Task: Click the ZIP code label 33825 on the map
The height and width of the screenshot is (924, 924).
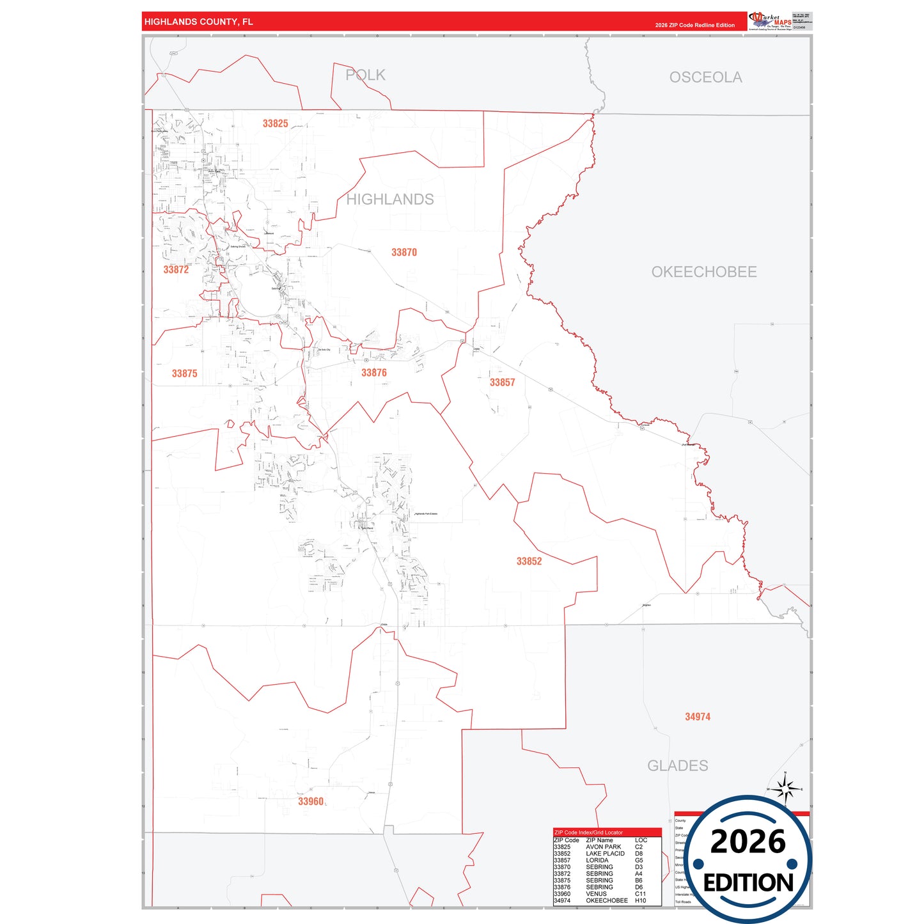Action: pos(275,123)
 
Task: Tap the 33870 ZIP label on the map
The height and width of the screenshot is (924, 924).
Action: pos(404,253)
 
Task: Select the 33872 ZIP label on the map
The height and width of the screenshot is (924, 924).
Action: pos(176,270)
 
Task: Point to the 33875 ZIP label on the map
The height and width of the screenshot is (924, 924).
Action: pos(184,373)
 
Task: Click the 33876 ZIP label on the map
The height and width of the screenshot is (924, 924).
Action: pos(374,373)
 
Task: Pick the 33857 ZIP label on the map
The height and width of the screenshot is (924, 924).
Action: pos(502,382)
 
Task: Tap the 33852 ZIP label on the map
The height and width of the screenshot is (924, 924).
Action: pos(529,561)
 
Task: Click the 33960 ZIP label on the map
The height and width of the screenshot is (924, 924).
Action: pos(311,801)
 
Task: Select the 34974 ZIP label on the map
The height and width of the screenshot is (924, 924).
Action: pos(698,717)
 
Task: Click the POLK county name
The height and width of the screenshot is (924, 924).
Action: pos(365,75)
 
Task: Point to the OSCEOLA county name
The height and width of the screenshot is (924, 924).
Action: pos(705,77)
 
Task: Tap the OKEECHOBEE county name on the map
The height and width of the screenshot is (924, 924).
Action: pos(703,272)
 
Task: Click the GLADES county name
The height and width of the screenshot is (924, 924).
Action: pos(677,765)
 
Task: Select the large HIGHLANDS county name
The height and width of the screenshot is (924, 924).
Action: pos(389,200)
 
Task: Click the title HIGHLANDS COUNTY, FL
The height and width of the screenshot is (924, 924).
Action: pos(198,22)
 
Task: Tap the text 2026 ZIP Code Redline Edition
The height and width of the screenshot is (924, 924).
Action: pos(694,26)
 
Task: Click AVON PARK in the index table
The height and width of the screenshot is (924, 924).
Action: pos(603,847)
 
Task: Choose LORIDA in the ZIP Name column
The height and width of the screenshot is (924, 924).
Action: pos(597,860)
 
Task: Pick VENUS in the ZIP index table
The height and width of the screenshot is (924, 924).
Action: pos(596,894)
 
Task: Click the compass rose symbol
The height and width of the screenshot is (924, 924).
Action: pos(785,789)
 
